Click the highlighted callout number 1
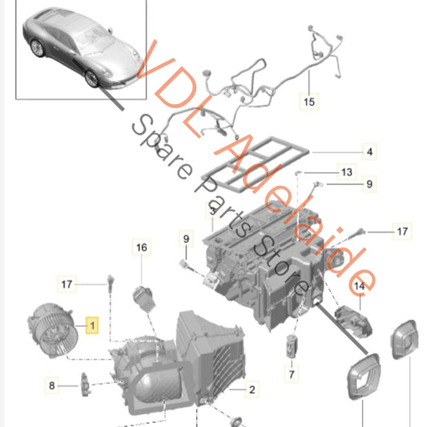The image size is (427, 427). pyautogui.click(x=92, y=325)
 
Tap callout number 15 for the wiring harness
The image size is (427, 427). pyautogui.click(x=309, y=102)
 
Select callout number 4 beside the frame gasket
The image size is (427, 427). pyautogui.click(x=369, y=151)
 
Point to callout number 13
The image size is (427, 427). pyautogui.click(x=347, y=172)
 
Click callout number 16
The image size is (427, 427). pyautogui.click(x=142, y=248)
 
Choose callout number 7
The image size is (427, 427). pyautogui.click(x=292, y=374)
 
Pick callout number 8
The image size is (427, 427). pyautogui.click(x=52, y=385)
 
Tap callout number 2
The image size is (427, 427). pyautogui.click(x=252, y=389)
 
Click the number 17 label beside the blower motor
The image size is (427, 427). pyautogui.click(x=66, y=284)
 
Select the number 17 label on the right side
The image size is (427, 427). pyautogui.click(x=402, y=232)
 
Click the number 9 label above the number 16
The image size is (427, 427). pyautogui.click(x=186, y=239)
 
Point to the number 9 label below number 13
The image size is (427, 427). pyautogui.click(x=369, y=184)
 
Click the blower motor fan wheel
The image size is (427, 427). pyautogui.click(x=52, y=330)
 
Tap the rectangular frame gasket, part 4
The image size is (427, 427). pyautogui.click(x=256, y=164)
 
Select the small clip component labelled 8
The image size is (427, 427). pyautogui.click(x=86, y=385)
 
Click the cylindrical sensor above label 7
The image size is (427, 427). pyautogui.click(x=291, y=346)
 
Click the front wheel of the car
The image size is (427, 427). pyautogui.click(x=91, y=79)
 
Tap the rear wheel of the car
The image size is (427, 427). pyautogui.click(x=38, y=48)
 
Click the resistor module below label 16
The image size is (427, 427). pyautogui.click(x=144, y=299)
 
